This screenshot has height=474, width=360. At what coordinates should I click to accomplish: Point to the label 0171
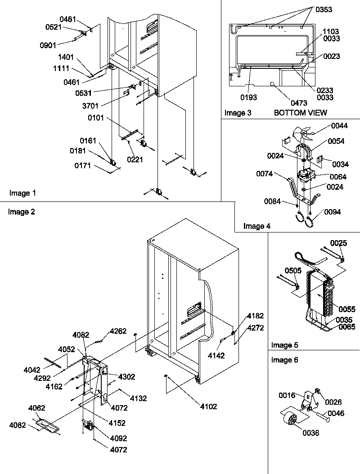[84, 166]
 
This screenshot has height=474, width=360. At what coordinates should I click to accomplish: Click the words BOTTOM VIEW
[301, 112]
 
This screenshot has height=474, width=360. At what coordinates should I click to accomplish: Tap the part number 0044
[340, 125]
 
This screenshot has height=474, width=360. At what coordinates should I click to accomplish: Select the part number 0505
[293, 271]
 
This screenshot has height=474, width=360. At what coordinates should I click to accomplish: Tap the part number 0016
[286, 396]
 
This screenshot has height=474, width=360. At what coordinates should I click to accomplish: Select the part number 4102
[208, 407]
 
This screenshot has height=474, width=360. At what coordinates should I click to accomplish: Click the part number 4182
[255, 316]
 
